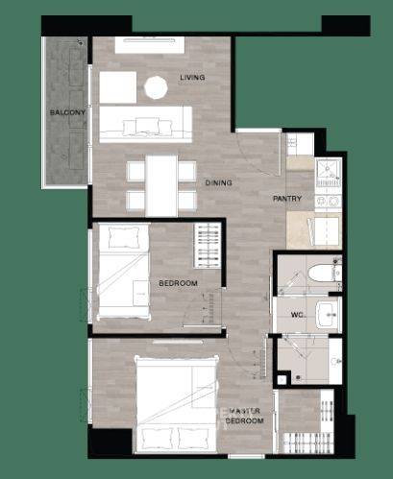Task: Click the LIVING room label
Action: (x=192, y=78)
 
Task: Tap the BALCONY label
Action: (x=67, y=112)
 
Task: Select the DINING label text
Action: (x=218, y=183)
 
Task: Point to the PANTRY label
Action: (x=287, y=199)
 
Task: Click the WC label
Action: (x=298, y=315)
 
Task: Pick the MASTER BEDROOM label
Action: (x=244, y=416)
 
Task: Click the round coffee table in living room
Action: (x=156, y=87)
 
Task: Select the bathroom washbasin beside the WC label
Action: (x=327, y=315)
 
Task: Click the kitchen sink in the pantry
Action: (x=328, y=169)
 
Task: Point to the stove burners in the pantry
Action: (x=328, y=202)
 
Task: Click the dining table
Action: (x=161, y=185)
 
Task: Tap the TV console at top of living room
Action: (x=150, y=45)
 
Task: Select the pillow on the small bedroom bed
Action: (x=124, y=237)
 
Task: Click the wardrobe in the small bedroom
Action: (x=208, y=246)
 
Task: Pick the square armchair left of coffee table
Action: (x=118, y=87)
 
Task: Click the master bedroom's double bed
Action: (x=177, y=404)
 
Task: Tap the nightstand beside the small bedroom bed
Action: (x=140, y=293)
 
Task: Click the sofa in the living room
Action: (x=146, y=124)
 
